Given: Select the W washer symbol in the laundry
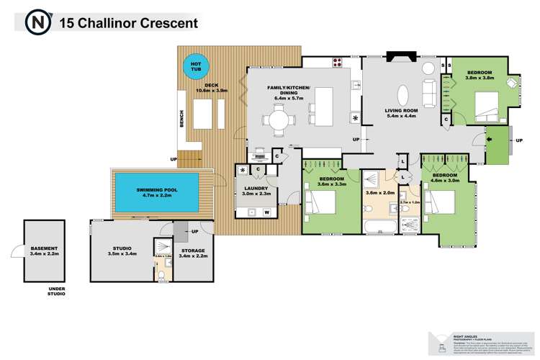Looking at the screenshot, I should click(266, 212).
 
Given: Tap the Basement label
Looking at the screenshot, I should click(44, 251).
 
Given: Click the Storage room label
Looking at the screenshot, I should click(192, 253).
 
